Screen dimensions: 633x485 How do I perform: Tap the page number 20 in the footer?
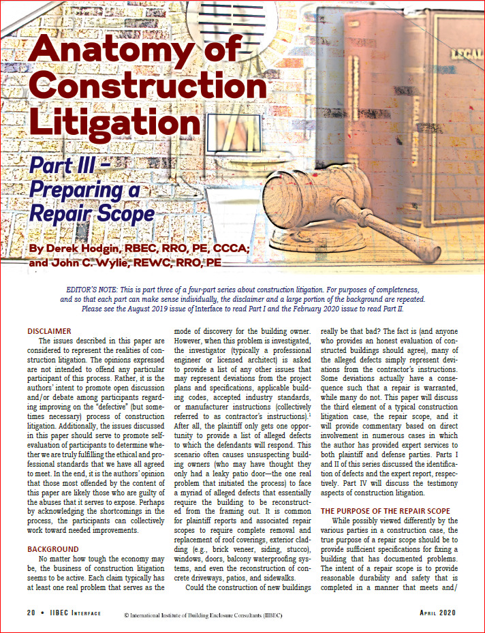coord(31,613)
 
